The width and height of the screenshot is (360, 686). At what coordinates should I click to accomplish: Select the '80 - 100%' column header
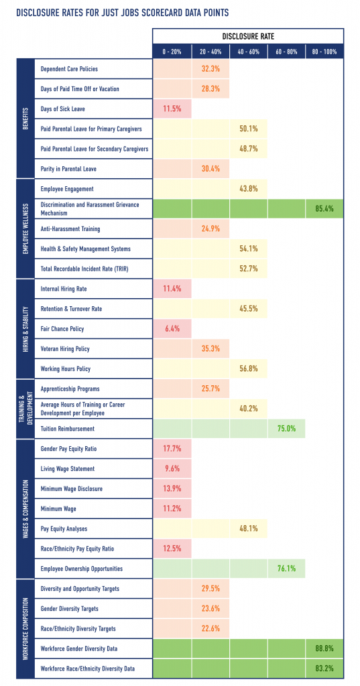click(x=324, y=50)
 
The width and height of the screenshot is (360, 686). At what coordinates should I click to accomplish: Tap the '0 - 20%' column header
click(x=172, y=50)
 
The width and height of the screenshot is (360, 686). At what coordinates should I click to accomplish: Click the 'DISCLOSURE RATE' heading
click(x=248, y=36)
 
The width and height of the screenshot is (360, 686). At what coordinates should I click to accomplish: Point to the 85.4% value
click(x=324, y=209)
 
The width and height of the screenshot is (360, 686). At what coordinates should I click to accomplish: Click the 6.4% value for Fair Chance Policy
click(x=172, y=329)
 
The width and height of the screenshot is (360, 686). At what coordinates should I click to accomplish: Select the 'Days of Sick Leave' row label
click(x=63, y=109)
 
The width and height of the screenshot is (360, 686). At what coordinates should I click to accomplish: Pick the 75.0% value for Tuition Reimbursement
click(x=286, y=429)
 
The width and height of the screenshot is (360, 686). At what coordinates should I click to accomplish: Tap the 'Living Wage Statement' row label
click(x=68, y=469)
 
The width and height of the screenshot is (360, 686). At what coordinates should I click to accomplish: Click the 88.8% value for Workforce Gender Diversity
click(x=324, y=648)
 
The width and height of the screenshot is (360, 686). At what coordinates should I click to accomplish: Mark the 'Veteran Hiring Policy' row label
click(x=65, y=349)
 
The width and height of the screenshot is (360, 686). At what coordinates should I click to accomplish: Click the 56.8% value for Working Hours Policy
click(x=248, y=369)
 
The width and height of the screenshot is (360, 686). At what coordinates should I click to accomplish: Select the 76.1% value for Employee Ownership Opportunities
click(x=286, y=569)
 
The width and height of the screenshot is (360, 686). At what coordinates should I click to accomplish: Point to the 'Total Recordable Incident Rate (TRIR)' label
click(x=86, y=269)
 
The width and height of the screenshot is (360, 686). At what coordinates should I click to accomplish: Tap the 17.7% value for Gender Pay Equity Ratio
click(x=172, y=449)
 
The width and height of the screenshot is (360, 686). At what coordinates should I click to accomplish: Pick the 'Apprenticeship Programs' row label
click(x=70, y=389)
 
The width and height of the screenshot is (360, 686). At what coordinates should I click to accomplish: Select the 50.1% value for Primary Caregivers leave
click(x=248, y=129)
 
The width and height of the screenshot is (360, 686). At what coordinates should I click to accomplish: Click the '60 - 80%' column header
click(x=286, y=50)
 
